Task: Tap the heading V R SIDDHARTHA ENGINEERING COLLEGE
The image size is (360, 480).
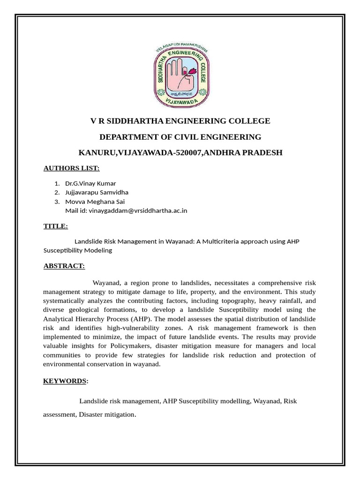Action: coord(180,121)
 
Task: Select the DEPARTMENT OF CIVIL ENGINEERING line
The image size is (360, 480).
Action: coord(180,137)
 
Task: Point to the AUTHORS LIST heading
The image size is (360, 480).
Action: coord(71,168)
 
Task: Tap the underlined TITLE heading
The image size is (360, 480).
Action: coord(55,226)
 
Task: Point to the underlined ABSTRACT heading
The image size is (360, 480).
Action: coord(64,266)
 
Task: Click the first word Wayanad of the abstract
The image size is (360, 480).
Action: coord(107,283)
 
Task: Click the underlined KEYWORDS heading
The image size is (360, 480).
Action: coord(65,381)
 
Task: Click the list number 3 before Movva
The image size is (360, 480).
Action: coord(56,202)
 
